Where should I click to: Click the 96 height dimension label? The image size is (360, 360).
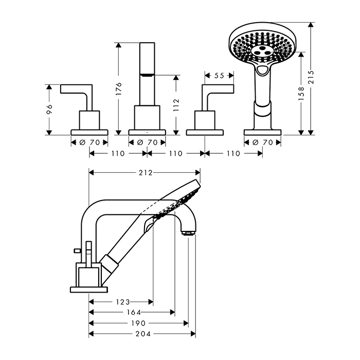pyautogui.click(x=49, y=109)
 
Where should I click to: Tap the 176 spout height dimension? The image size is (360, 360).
pyautogui.click(x=118, y=89)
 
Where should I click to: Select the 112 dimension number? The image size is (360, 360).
pyautogui.click(x=176, y=105)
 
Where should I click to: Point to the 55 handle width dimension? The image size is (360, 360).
pyautogui.click(x=219, y=76)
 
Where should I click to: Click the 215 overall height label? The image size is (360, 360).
pyautogui.click(x=311, y=77)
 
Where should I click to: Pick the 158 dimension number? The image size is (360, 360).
pyautogui.click(x=301, y=94)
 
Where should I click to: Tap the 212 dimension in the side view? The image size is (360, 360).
pyautogui.click(x=146, y=173)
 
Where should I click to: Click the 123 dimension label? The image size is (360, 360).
pyautogui.click(x=123, y=302)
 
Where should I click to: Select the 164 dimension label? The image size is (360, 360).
pyautogui.click(x=134, y=312)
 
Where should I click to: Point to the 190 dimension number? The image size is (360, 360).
pyautogui.click(x=138, y=323)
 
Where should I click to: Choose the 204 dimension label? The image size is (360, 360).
pyautogui.click(x=143, y=334)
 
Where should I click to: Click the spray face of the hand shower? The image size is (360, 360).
pyautogui.click(x=261, y=48)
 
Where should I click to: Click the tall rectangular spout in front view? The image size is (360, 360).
pyautogui.click(x=147, y=74)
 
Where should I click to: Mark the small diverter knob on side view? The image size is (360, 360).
pyautogui.click(x=77, y=250)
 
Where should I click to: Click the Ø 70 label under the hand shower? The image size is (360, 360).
pyautogui.click(x=262, y=142)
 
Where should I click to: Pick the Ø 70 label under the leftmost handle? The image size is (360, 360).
pyautogui.click(x=89, y=142)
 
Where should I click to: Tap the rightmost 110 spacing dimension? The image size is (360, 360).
pyautogui.click(x=233, y=153)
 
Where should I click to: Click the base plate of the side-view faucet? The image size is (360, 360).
pyautogui.click(x=89, y=290)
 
